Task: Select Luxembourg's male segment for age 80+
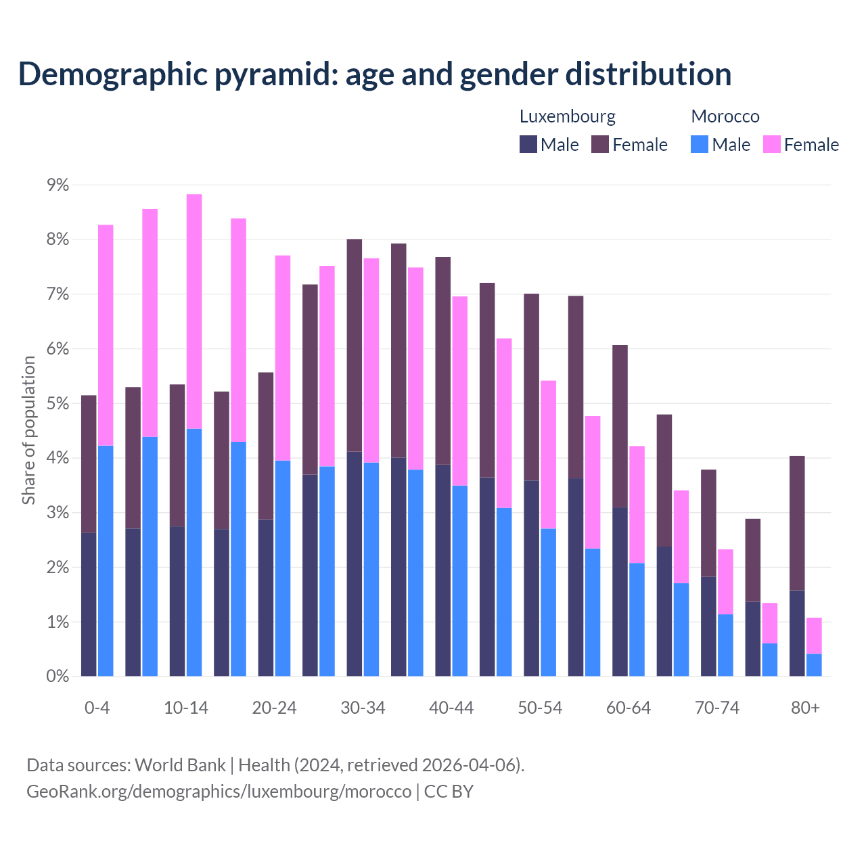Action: tap(797, 633)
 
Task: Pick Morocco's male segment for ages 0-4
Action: tap(106, 561)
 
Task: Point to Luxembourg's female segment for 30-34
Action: tap(355, 345)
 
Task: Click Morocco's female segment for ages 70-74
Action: tap(725, 582)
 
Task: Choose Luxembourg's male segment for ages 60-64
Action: tap(620, 591)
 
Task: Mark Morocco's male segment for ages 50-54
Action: tap(548, 602)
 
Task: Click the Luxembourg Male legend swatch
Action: tap(528, 144)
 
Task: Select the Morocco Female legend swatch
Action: tap(771, 144)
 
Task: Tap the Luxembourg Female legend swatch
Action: tap(600, 144)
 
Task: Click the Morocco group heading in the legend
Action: tap(725, 116)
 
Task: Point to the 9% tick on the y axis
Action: tap(58, 185)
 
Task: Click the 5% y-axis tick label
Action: tap(58, 404)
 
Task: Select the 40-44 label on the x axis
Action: tap(451, 708)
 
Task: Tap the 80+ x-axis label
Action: tap(805, 708)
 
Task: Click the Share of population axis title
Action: tap(28, 430)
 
